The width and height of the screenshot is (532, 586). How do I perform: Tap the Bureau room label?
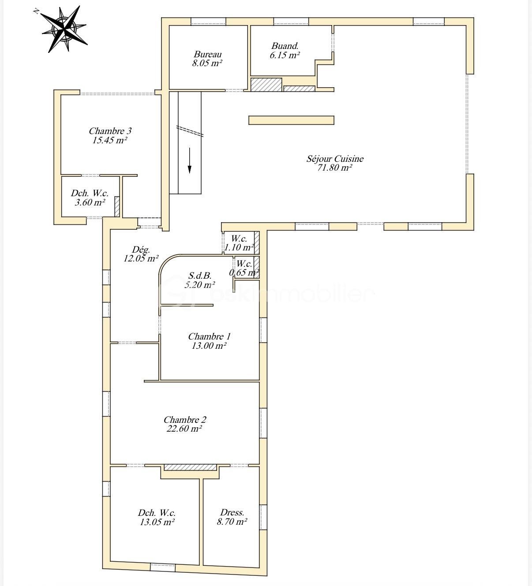click(207, 54)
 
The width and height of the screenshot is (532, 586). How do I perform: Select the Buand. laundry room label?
click(285, 46)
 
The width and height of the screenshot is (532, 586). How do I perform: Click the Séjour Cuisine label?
click(335, 159)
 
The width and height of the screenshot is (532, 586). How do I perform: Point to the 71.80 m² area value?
click(334, 168)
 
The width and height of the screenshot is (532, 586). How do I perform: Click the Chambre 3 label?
click(110, 131)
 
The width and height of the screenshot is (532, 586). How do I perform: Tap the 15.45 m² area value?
click(109, 140)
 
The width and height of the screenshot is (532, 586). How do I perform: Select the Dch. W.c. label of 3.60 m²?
click(90, 193)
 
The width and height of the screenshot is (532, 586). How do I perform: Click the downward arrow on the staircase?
click(189, 160)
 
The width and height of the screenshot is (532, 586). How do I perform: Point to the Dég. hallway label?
click(141, 250)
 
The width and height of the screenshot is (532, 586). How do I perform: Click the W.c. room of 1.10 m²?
click(239, 243)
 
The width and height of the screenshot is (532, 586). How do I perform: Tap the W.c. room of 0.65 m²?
click(244, 268)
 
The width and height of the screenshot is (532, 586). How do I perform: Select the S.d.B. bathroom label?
click(200, 275)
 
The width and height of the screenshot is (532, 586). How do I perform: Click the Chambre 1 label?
click(209, 336)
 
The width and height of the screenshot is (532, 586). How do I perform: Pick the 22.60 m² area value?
click(184, 429)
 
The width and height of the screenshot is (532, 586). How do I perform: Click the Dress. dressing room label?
click(232, 512)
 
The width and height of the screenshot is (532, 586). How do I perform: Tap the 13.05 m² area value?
click(157, 522)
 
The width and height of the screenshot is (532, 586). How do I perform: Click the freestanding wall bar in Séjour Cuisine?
click(291, 120)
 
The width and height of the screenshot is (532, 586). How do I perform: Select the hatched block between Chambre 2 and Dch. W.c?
click(190, 467)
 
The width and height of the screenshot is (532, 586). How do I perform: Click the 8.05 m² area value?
click(207, 63)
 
